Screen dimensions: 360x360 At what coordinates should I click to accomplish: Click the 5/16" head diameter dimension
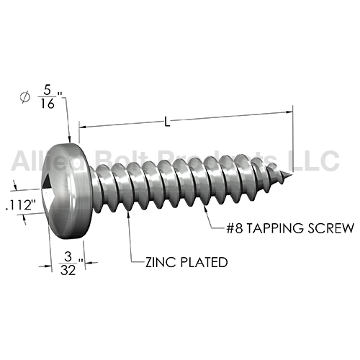[x=50, y=97]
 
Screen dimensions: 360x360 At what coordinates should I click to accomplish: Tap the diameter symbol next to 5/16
[x=25, y=96]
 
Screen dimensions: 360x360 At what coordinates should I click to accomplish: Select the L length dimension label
[x=167, y=122]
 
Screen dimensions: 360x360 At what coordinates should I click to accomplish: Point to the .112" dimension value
[x=21, y=205]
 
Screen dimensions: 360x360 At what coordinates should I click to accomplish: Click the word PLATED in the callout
[x=204, y=262]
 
